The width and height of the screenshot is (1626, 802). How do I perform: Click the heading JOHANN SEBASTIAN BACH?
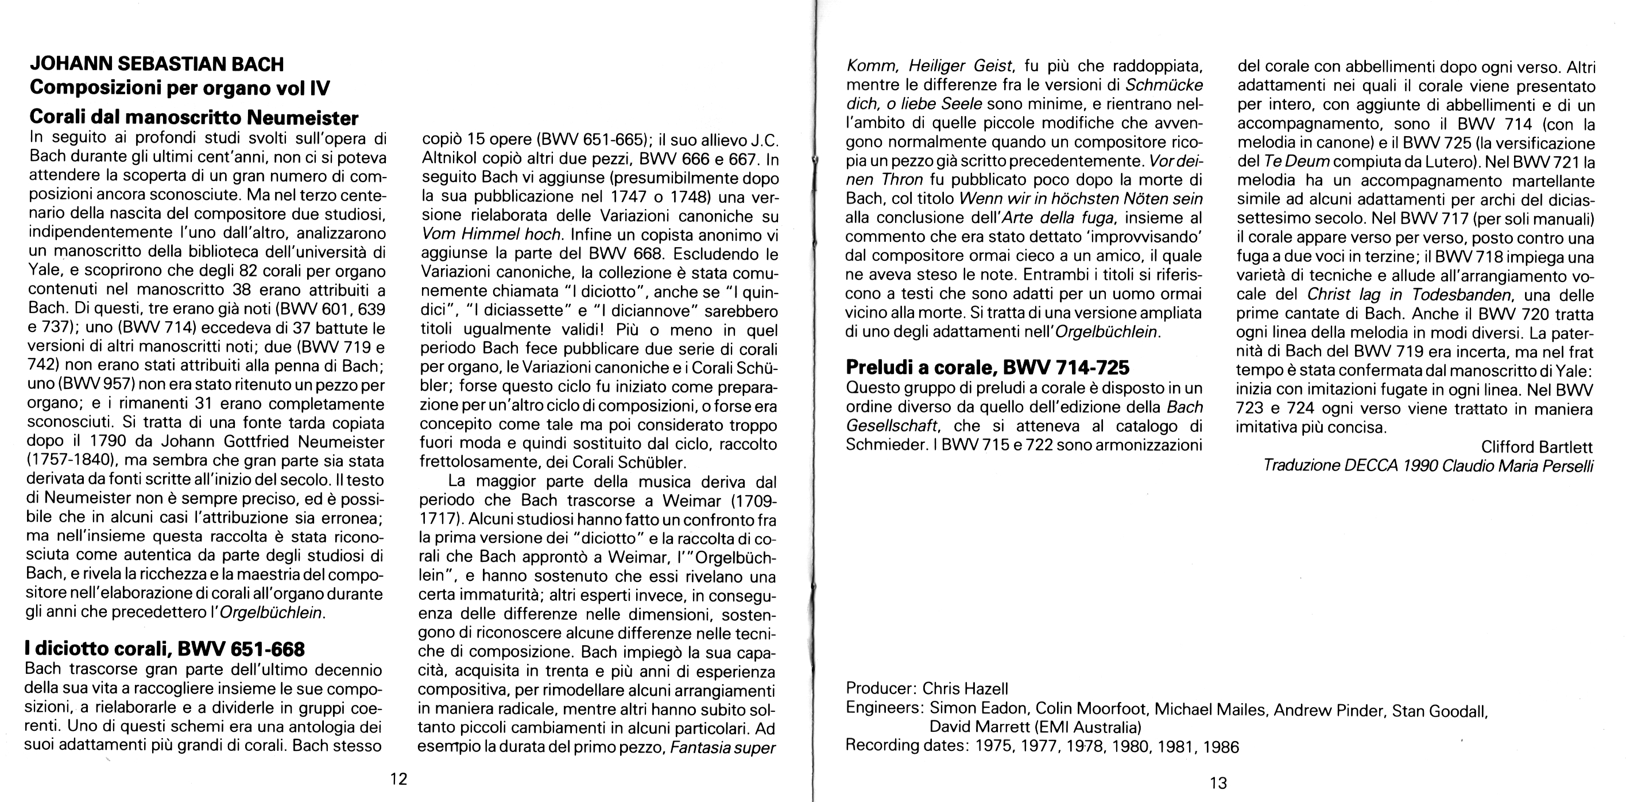[157, 64]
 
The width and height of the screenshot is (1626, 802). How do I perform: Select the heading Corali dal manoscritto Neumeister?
[195, 117]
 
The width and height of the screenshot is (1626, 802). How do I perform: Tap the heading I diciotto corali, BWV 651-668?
[165, 649]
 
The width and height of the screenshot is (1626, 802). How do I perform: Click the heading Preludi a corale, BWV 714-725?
[987, 367]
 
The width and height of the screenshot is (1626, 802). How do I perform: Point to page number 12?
[398, 778]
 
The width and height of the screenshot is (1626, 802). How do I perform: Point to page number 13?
[1218, 783]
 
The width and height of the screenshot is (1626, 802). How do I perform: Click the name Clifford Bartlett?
[1537, 447]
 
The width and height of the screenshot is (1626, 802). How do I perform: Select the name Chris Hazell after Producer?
[965, 688]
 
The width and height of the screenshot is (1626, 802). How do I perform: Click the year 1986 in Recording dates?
[1221, 747]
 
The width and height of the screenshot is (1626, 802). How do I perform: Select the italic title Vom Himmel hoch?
[491, 234]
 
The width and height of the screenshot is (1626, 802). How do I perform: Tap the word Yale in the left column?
[45, 272]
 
